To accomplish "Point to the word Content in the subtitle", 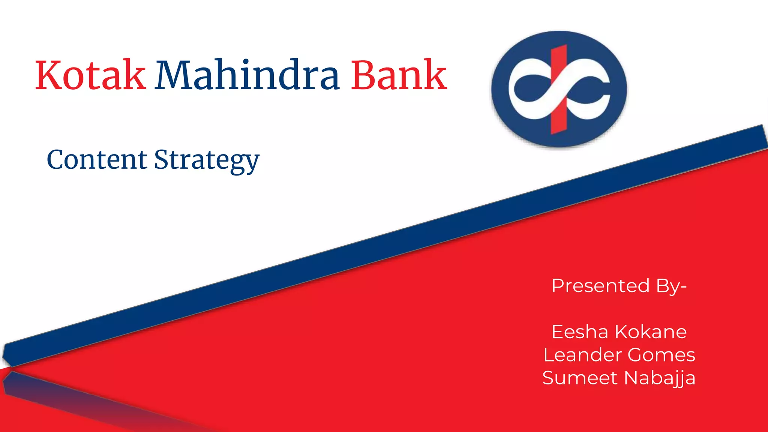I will [97, 160].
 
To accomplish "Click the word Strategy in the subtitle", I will [207, 160].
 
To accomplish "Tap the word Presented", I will [600, 286].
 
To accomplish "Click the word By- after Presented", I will [671, 286].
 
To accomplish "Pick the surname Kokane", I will [651, 332].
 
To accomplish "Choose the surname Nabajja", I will [660, 378].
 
